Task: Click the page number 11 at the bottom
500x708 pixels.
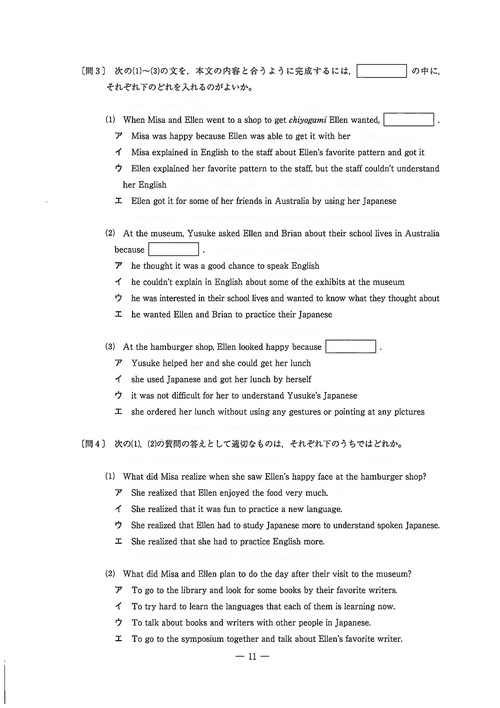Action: [x=252, y=657]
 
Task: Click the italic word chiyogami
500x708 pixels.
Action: [x=307, y=120]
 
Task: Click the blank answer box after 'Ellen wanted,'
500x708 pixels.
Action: [x=408, y=120]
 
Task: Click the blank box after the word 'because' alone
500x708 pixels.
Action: [x=174, y=249]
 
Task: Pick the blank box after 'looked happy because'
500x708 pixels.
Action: [x=351, y=347]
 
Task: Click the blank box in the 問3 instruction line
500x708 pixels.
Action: [x=381, y=71]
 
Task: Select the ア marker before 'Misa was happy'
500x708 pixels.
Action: [x=119, y=136]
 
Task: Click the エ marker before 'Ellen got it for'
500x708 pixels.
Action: [x=119, y=201]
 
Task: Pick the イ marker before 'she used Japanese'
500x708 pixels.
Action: [x=119, y=379]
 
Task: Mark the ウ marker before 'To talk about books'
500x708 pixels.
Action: [x=119, y=623]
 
